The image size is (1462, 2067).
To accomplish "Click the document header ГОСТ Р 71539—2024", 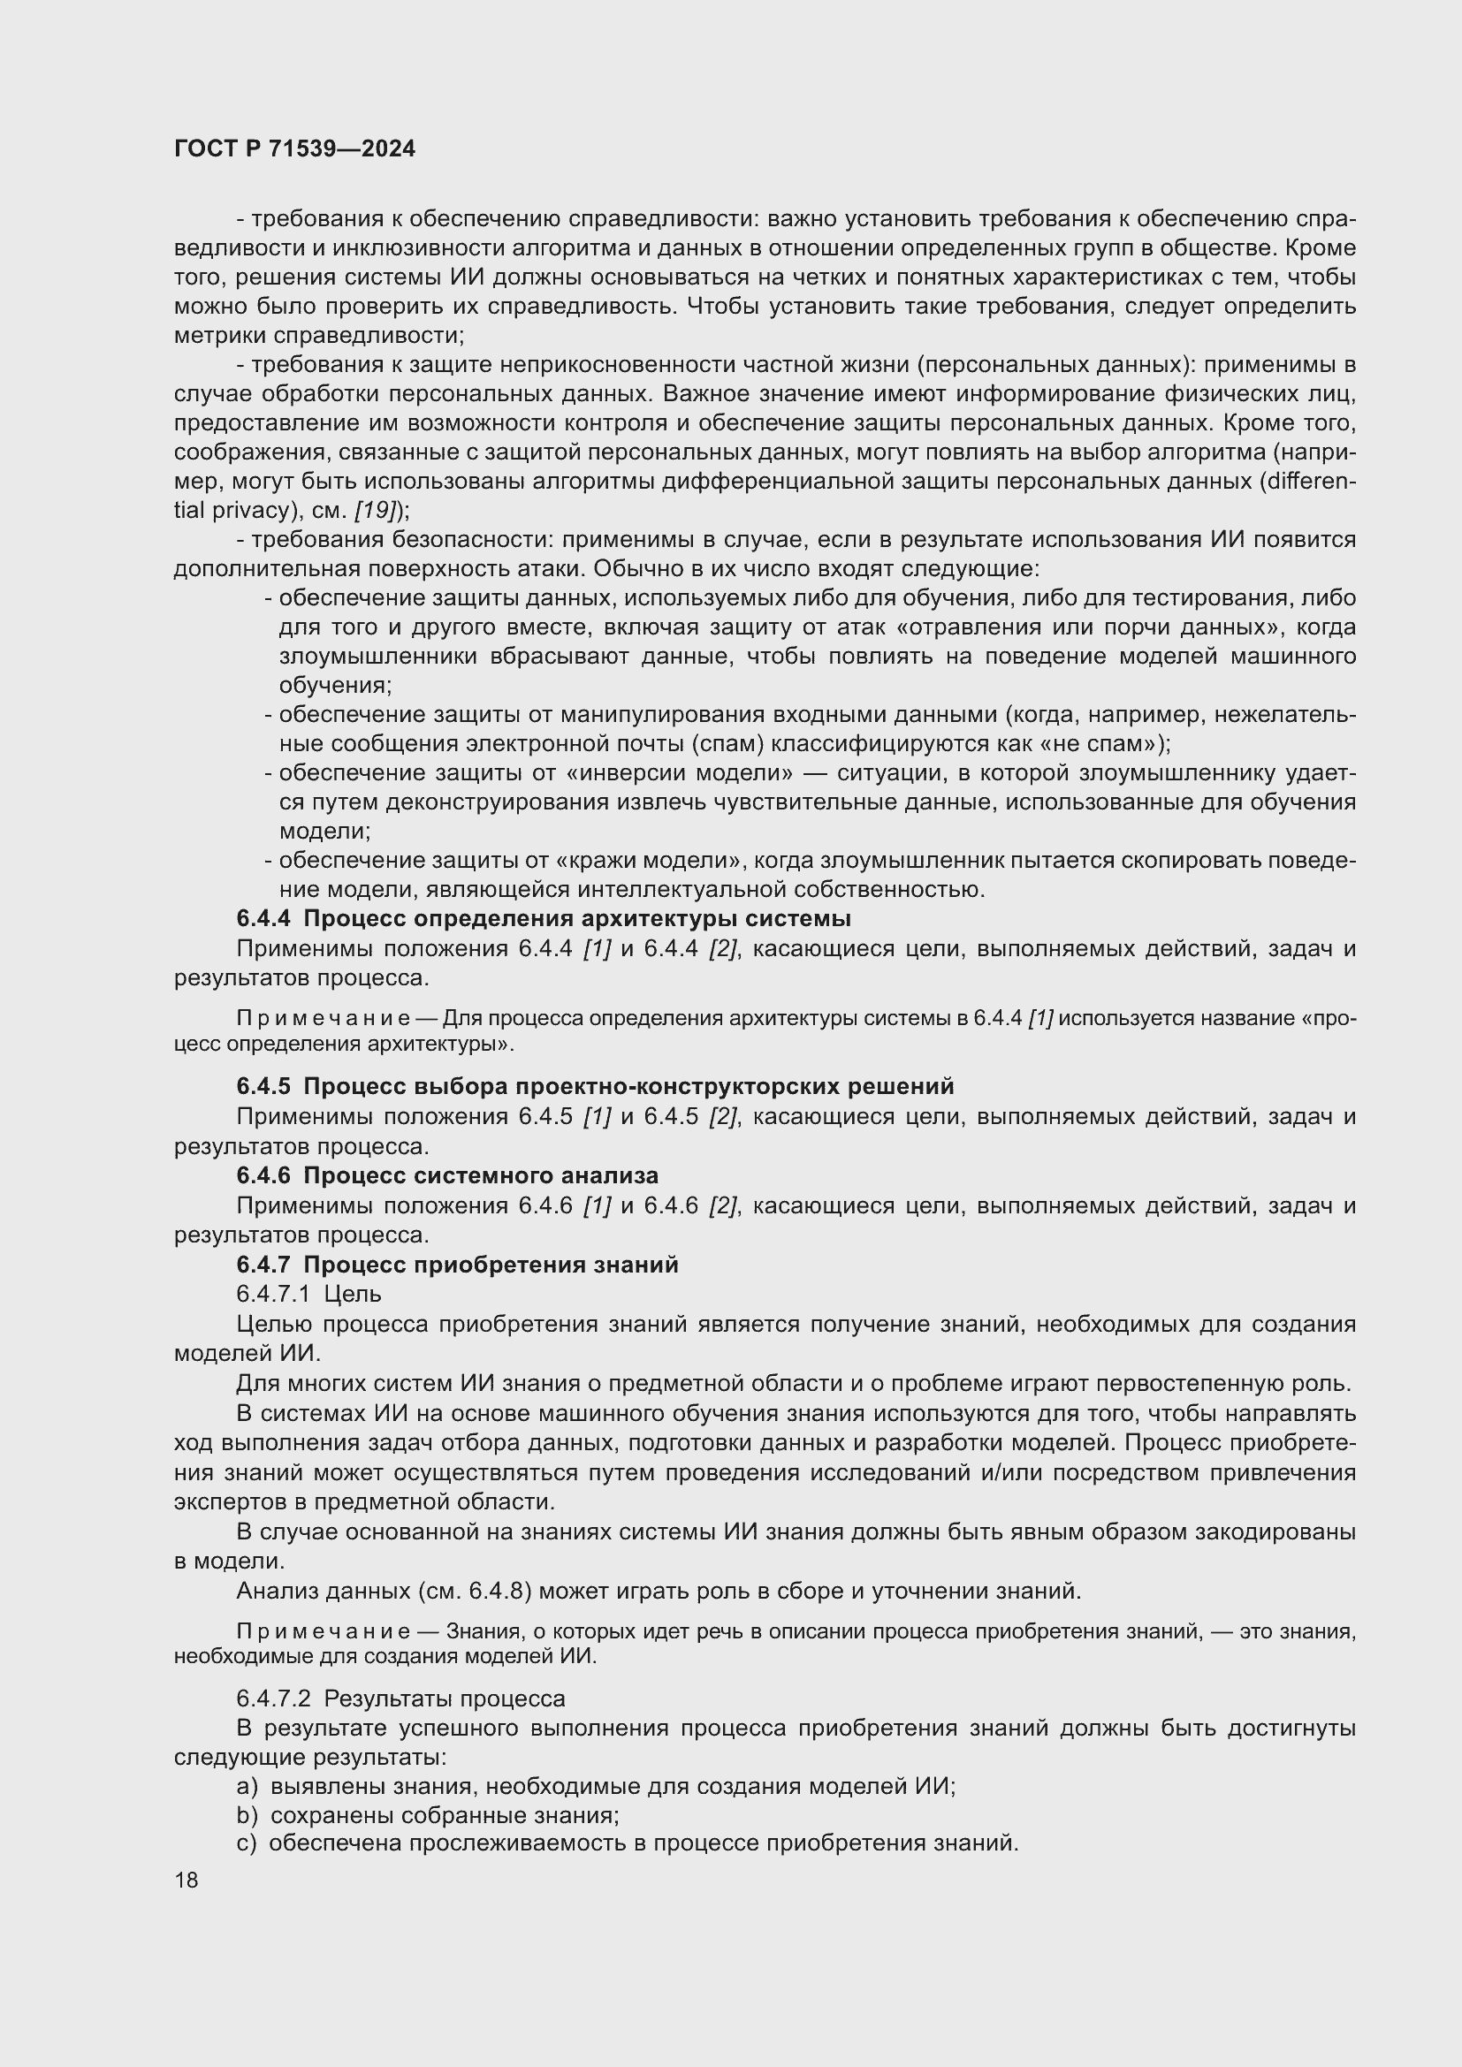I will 294,149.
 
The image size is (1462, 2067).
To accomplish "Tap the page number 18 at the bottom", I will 187,1881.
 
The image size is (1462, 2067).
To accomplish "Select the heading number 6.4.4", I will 263,919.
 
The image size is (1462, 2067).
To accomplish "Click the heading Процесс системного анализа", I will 481,1175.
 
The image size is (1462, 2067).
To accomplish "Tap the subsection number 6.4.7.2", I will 274,1698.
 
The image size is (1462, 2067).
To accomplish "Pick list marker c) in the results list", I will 247,1843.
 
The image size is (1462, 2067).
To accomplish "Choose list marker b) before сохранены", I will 247,1815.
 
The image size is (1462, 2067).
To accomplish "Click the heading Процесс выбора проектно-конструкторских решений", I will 628,1087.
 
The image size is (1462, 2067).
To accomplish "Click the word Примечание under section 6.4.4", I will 324,1019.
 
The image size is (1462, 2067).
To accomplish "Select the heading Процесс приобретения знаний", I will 491,1265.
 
